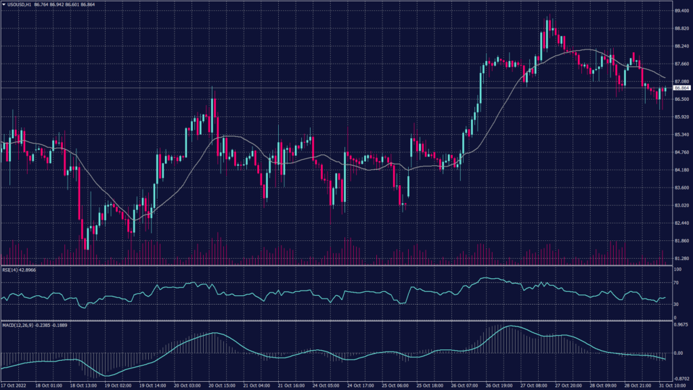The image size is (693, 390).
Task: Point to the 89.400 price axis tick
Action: (681, 11)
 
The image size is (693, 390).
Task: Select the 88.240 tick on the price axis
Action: (681, 46)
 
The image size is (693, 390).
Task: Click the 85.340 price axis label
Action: (681, 135)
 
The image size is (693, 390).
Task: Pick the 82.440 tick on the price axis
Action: (681, 223)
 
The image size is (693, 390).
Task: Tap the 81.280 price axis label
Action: (681, 259)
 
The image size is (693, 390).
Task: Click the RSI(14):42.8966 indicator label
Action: (18, 269)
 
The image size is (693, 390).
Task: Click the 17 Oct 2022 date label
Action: (15, 385)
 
